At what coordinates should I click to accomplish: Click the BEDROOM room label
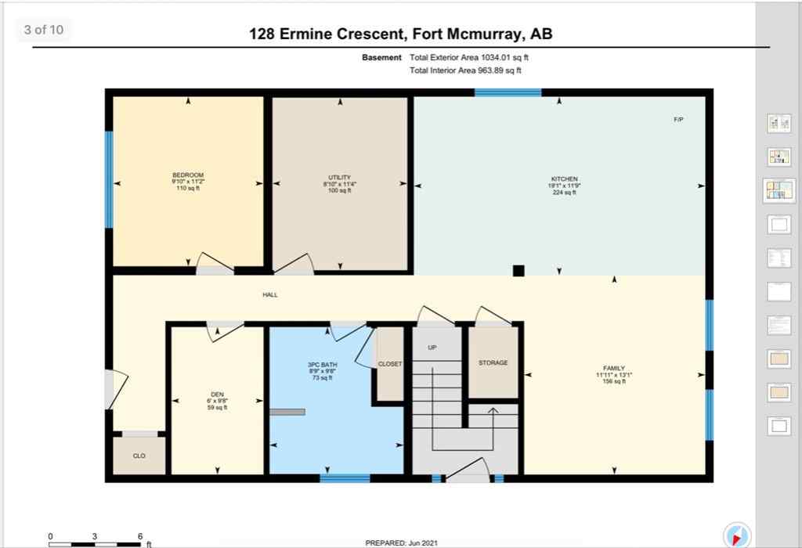coord(187,175)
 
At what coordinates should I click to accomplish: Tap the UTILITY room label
coord(340,178)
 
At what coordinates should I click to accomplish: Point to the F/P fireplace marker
coord(678,120)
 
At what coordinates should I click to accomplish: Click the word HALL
coord(270,295)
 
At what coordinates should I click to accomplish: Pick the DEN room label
coord(217,395)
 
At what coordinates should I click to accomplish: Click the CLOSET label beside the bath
coord(389,364)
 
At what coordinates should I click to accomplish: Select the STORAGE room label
coord(493,362)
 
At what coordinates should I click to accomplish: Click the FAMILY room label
coord(613,368)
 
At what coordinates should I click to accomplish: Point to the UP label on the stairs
coord(432,348)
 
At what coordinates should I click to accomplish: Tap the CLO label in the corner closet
coord(139,456)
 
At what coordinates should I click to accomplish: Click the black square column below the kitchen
coord(518,271)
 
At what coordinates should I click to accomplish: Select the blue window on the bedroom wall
coord(110,179)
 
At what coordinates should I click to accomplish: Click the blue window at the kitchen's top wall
coord(508,92)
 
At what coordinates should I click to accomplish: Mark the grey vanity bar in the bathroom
coord(287,412)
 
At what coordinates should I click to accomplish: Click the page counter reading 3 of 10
coord(44,31)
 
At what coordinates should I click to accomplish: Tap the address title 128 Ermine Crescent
coord(405,34)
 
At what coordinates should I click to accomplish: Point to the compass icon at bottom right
coord(738,535)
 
